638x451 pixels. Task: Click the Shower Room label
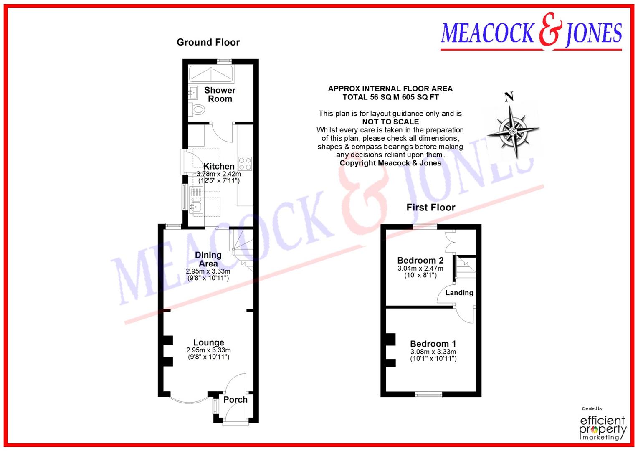220,94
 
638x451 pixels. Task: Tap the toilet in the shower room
198,110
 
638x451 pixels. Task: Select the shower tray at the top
211,74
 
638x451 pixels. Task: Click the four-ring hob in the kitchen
245,163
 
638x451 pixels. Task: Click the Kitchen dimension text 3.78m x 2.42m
219,174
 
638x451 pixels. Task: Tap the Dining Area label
208,259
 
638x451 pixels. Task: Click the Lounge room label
208,342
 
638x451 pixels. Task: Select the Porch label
235,400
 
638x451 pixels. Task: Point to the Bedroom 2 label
420,261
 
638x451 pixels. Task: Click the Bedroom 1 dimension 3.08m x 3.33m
433,352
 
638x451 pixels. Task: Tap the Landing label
459,293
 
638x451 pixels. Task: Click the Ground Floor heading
208,42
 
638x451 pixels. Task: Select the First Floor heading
430,208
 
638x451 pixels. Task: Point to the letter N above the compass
509,97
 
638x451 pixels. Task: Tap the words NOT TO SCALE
390,122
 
